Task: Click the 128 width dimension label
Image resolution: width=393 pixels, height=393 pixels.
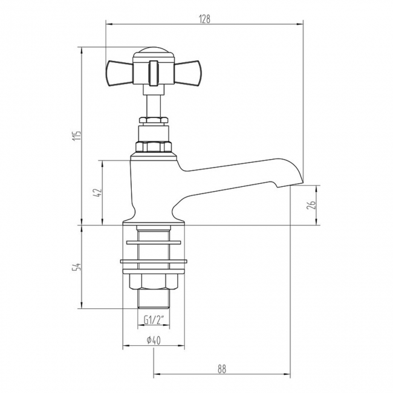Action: coord(204,19)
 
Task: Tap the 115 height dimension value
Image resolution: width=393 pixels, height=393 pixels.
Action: coord(76,137)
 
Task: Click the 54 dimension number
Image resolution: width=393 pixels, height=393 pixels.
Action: coord(76,267)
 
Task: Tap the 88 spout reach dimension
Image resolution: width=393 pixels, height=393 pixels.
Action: coord(222,368)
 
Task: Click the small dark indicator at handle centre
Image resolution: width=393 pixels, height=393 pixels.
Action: coord(153,70)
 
